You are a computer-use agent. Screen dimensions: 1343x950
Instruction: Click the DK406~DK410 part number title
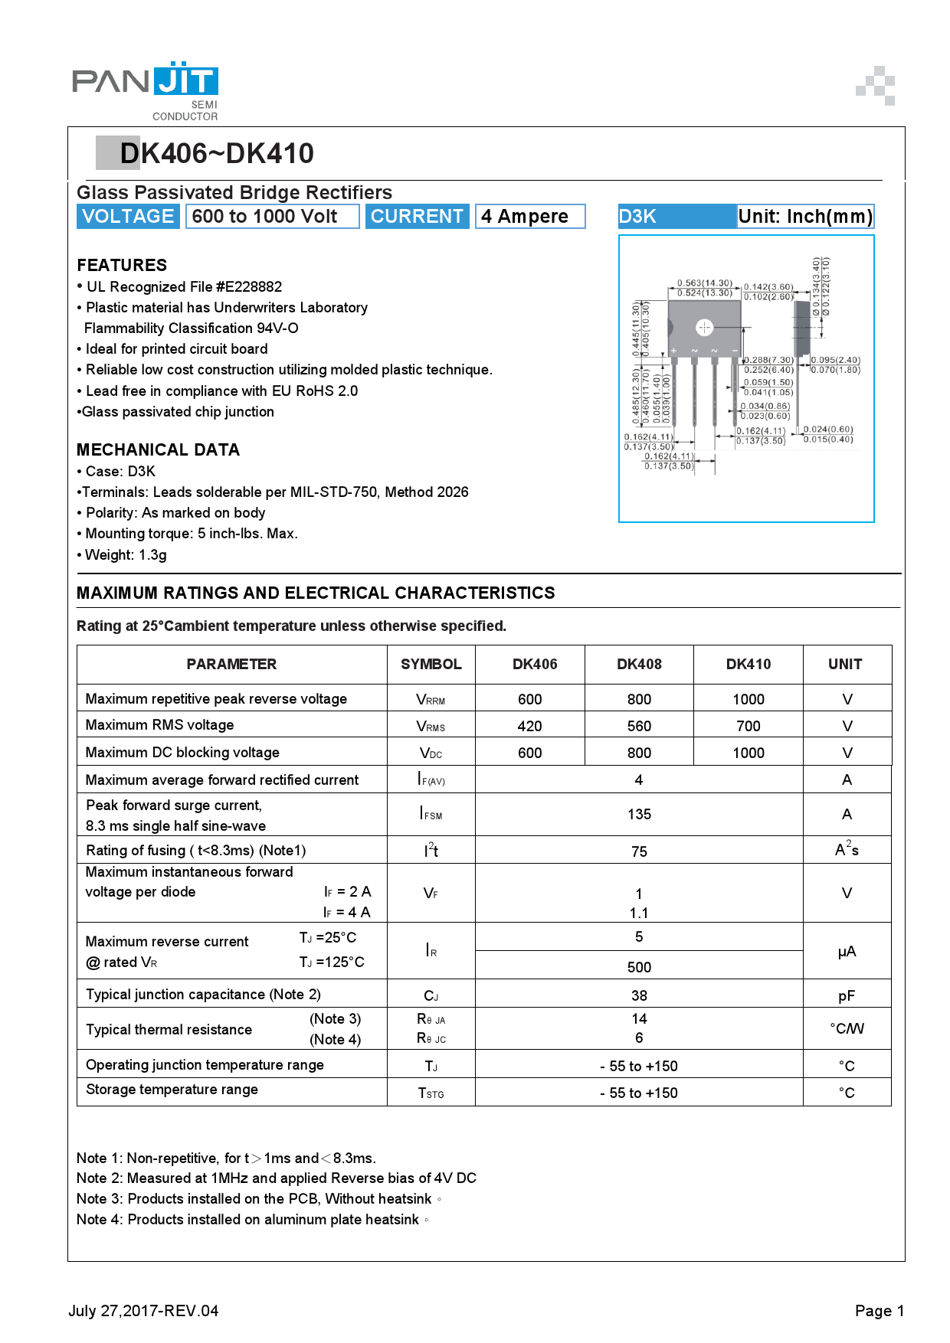coord(217,153)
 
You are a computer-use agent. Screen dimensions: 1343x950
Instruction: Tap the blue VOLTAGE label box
coord(128,217)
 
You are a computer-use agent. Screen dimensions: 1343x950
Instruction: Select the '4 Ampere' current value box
coord(529,217)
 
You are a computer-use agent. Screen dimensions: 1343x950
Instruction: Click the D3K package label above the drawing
coord(637,217)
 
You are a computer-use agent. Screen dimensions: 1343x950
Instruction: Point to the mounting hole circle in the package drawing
coord(704,328)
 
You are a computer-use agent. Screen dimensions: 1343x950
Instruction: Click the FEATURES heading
coord(122,265)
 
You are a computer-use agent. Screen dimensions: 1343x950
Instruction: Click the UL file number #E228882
coord(249,286)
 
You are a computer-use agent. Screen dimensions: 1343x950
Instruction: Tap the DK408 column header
coord(639,664)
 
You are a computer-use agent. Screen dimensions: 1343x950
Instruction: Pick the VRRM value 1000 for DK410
coord(748,699)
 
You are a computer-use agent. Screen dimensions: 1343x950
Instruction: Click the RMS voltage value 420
coord(529,726)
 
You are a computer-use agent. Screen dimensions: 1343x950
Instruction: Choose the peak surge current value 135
coord(639,814)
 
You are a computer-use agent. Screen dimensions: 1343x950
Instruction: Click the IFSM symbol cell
coord(431,814)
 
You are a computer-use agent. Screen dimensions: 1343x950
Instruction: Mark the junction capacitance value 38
coord(639,995)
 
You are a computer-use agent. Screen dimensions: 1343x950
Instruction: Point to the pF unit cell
coord(846,995)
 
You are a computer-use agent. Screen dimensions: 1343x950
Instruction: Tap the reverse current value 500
coord(639,967)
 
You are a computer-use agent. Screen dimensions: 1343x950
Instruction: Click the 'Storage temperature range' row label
coord(172,1090)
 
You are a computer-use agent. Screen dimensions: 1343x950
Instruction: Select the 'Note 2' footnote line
coord(277,1178)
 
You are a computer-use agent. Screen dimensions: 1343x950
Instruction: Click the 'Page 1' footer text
coord(879,1311)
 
